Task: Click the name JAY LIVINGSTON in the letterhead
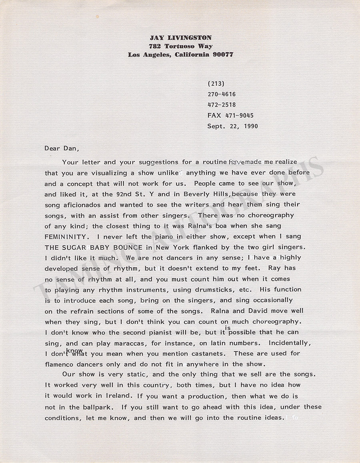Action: pyautogui.click(x=180, y=38)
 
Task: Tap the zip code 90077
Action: pyautogui.click(x=223, y=55)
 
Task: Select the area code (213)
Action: pyautogui.click(x=216, y=84)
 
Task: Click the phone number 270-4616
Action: pyautogui.click(x=221, y=94)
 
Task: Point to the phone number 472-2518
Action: pyautogui.click(x=221, y=105)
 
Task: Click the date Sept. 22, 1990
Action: pyautogui.click(x=232, y=126)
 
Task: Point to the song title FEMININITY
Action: pyautogui.click(x=62, y=237)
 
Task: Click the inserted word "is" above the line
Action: pyautogui.click(x=228, y=328)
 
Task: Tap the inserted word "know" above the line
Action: pyautogui.click(x=74, y=350)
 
